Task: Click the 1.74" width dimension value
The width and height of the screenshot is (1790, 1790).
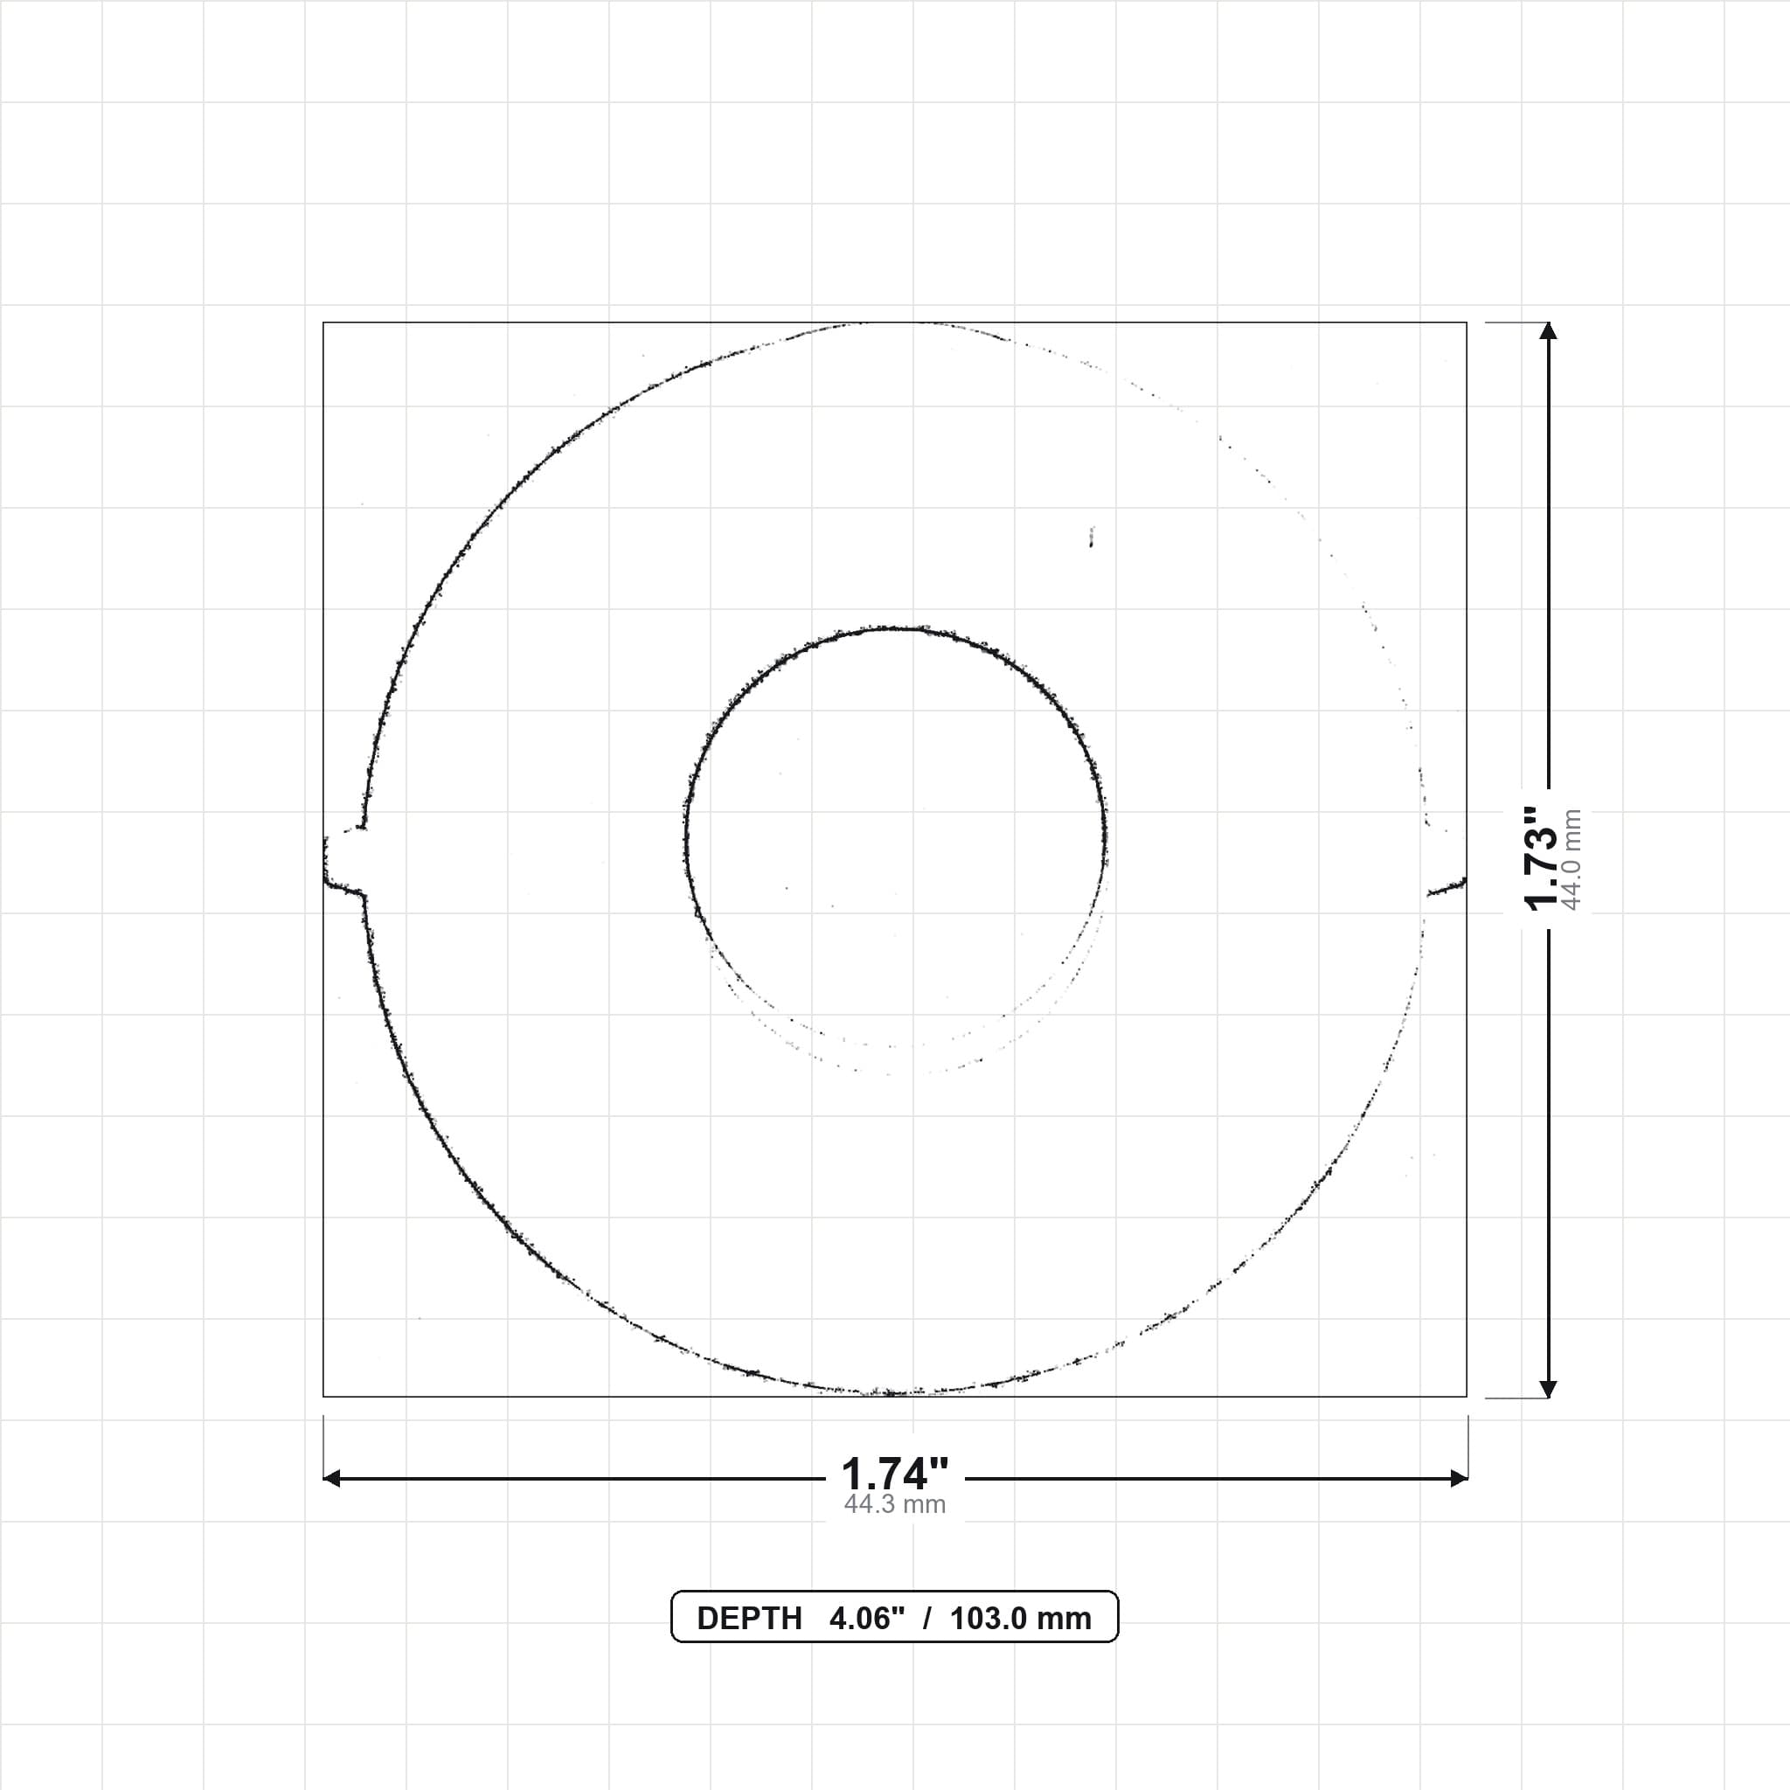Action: tap(895, 1473)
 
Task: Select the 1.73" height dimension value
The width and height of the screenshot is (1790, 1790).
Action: tap(1543, 858)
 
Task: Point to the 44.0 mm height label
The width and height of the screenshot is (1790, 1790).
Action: tap(1571, 860)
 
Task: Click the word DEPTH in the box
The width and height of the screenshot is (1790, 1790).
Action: tap(750, 1619)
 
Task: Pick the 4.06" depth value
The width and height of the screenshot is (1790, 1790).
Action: tap(866, 1619)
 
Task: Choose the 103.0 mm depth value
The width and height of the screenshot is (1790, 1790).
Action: tap(1021, 1619)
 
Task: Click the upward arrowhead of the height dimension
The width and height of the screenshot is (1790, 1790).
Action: tap(1548, 330)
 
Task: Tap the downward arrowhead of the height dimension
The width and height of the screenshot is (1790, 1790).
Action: tap(1548, 1388)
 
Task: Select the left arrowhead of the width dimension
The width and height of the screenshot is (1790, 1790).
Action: tap(331, 1478)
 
